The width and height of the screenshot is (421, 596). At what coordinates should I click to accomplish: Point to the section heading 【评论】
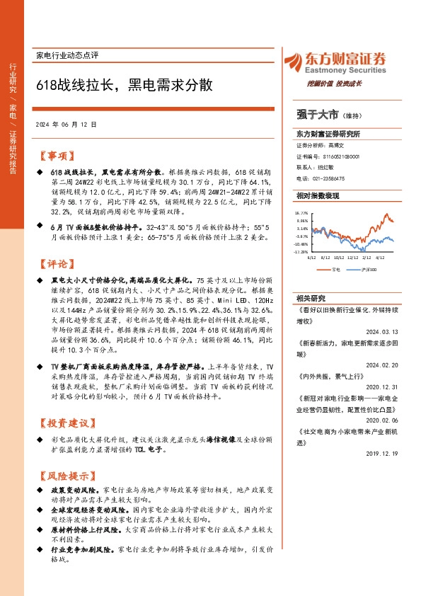[x=54, y=264]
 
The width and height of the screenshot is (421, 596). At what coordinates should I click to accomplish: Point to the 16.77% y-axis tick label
[x=302, y=212]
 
